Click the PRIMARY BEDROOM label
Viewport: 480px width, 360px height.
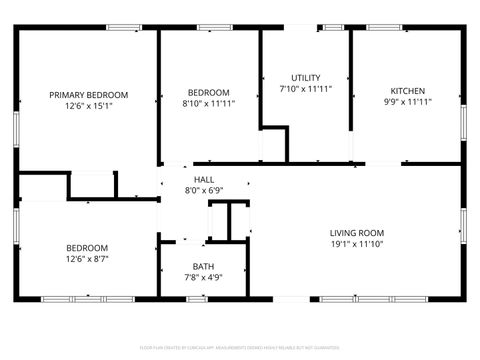point(89,95)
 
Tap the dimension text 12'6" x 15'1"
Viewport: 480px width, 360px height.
point(89,105)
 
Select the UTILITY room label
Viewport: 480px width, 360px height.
point(305,78)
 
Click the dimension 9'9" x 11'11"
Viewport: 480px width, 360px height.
point(407,101)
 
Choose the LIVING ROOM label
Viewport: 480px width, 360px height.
point(357,233)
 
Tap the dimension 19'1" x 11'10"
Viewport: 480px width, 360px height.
point(357,243)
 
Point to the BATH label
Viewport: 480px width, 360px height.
point(203,266)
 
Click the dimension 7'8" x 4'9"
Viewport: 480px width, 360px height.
point(203,277)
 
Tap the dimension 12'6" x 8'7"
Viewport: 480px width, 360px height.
point(88,258)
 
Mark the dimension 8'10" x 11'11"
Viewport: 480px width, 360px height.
point(208,102)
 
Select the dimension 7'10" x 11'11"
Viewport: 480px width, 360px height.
point(305,88)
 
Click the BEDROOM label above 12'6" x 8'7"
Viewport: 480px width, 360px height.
point(88,247)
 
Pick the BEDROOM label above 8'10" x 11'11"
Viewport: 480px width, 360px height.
point(208,92)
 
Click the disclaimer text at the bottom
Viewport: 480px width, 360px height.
point(240,347)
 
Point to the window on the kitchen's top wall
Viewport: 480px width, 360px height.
point(383,28)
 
